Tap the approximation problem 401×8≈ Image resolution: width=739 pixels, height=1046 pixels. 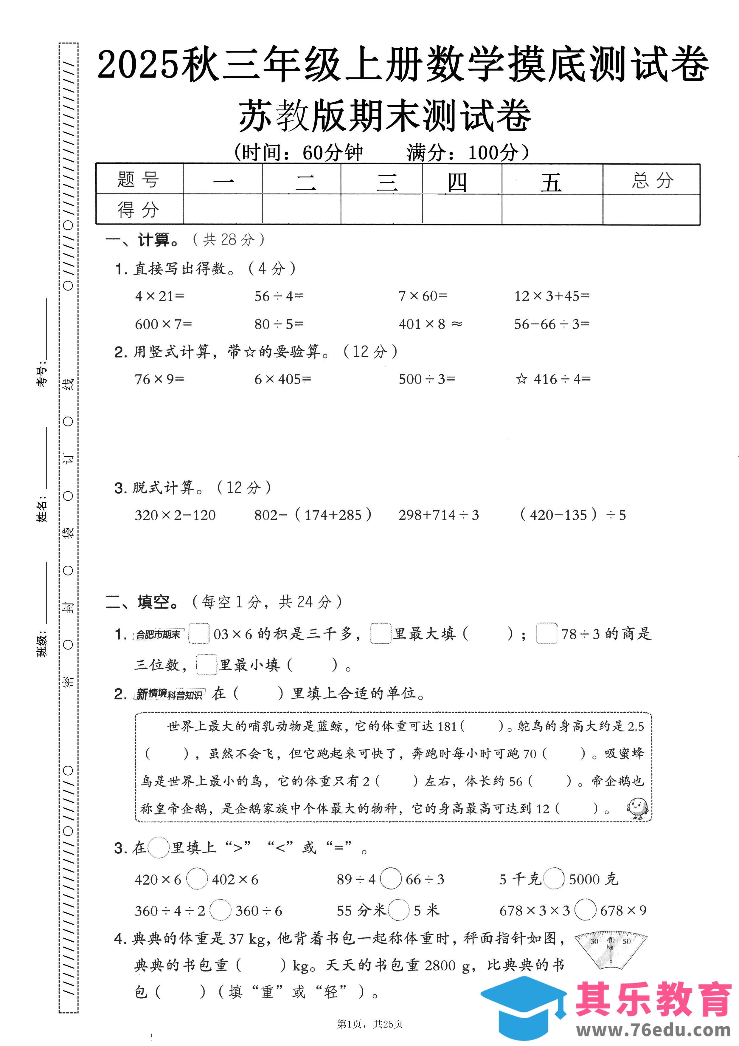[x=430, y=324]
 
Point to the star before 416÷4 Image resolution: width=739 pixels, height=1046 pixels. [x=521, y=379]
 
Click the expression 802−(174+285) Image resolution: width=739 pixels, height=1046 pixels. [x=313, y=515]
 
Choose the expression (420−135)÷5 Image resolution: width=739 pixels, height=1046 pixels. [x=573, y=515]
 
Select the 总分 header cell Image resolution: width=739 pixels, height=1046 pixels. [x=652, y=180]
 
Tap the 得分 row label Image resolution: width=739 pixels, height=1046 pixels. [x=139, y=210]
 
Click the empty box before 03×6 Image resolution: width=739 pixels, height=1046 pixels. [x=199, y=633]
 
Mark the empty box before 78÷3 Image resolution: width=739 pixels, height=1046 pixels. [x=547, y=633]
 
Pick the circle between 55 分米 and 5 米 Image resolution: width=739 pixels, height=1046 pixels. [x=398, y=910]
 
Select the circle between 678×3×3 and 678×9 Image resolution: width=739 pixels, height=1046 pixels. [x=585, y=910]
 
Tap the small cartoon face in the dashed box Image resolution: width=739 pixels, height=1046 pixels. [x=637, y=808]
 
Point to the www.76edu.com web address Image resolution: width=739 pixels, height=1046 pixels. [x=653, y=1030]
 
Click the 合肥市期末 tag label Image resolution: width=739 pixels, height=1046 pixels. [x=158, y=634]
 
